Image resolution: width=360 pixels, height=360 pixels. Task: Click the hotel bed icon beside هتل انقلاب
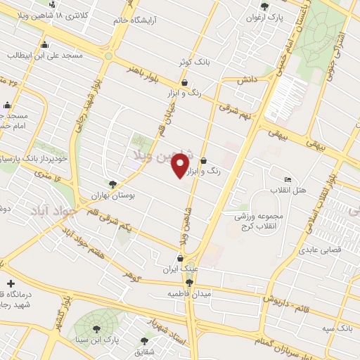(x=286, y=179)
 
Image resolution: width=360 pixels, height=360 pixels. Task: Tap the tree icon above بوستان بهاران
(x=113, y=184)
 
